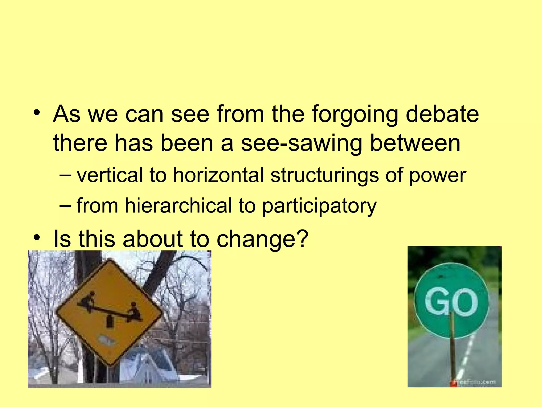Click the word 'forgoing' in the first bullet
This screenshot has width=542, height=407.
tap(355, 114)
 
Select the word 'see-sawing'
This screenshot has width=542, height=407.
tap(301, 143)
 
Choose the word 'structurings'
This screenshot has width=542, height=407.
tap(324, 175)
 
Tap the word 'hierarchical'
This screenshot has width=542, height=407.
tap(178, 205)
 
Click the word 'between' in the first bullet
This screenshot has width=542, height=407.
tap(415, 143)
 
